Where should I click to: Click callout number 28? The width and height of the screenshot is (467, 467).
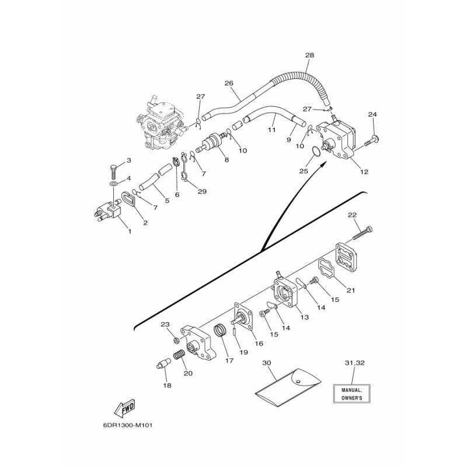pyautogui.click(x=309, y=55)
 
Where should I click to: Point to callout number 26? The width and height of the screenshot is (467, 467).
pyautogui.click(x=228, y=83)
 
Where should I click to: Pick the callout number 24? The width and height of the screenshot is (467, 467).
pyautogui.click(x=372, y=114)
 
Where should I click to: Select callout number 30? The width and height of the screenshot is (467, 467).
pyautogui.click(x=267, y=363)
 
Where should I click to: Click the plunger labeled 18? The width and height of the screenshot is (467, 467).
pyautogui.click(x=161, y=369)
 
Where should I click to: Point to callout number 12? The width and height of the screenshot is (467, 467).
pyautogui.click(x=365, y=172)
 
